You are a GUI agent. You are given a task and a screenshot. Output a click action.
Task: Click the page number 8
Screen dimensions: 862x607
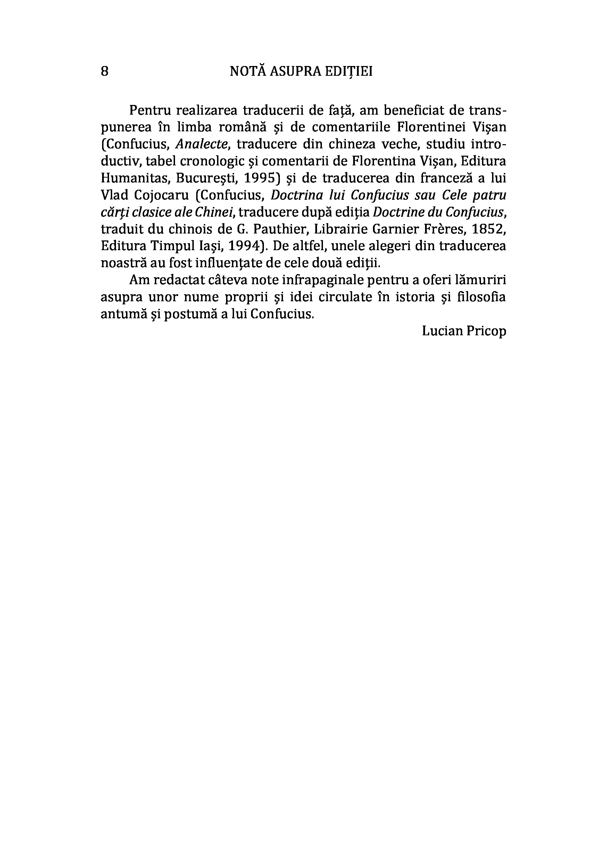click(105, 71)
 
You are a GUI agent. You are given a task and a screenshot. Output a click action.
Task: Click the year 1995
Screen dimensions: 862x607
click(260, 178)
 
